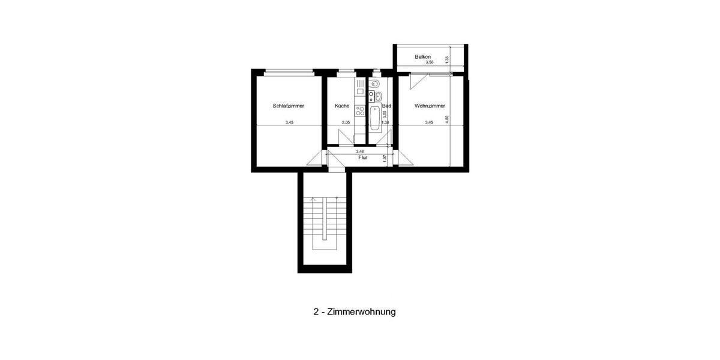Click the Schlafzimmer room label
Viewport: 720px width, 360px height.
(288, 106)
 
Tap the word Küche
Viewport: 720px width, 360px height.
(342, 106)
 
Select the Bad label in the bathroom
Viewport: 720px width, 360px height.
(386, 106)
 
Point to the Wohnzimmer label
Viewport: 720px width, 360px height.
(430, 106)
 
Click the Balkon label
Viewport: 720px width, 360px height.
(422, 57)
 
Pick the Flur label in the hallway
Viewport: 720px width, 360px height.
(362, 158)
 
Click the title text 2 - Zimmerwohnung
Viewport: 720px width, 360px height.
(355, 312)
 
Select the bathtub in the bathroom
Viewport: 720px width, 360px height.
(375, 119)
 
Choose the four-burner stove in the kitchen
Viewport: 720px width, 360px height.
(360, 110)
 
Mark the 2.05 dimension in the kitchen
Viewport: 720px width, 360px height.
(346, 122)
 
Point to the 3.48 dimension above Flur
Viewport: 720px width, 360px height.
(360, 152)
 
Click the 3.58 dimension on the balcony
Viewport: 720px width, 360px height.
(429, 62)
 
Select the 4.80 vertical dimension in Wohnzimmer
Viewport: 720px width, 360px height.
(446, 119)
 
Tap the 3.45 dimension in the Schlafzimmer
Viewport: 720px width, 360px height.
(290, 122)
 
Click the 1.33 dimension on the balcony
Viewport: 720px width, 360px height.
(447, 59)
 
